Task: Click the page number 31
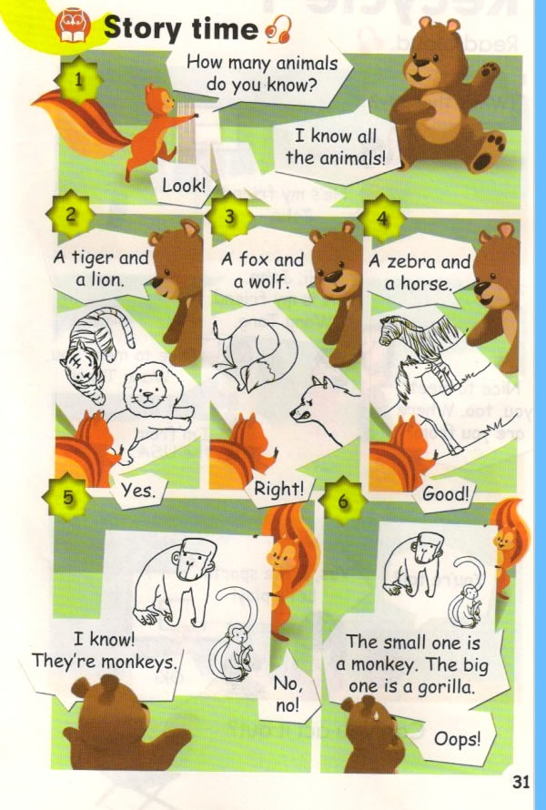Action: pos(521,781)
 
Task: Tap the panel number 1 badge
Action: pos(81,80)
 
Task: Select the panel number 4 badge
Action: pos(383,219)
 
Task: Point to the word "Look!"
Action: pos(184,186)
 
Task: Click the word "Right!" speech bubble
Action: pos(278,489)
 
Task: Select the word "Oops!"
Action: pos(456,739)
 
